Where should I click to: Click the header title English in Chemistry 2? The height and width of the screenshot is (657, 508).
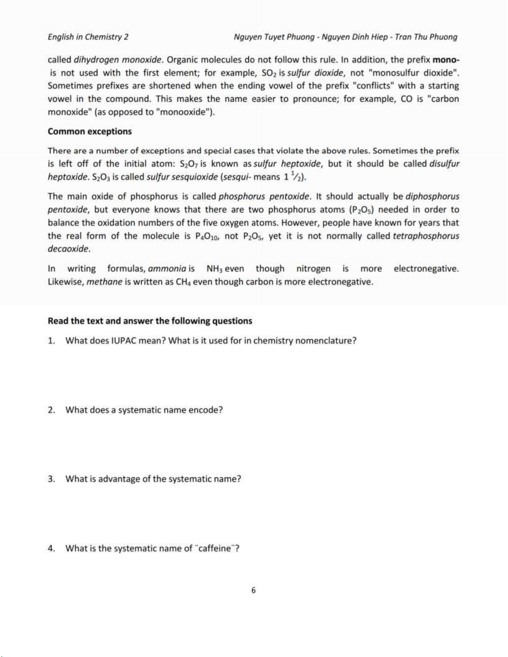88,37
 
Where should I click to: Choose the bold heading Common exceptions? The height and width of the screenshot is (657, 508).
90,131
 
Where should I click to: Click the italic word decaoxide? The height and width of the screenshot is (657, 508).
69,249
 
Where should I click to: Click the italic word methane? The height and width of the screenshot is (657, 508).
105,282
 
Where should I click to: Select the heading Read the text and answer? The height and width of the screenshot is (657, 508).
150,321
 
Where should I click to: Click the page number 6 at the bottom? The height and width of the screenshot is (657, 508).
254,590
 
